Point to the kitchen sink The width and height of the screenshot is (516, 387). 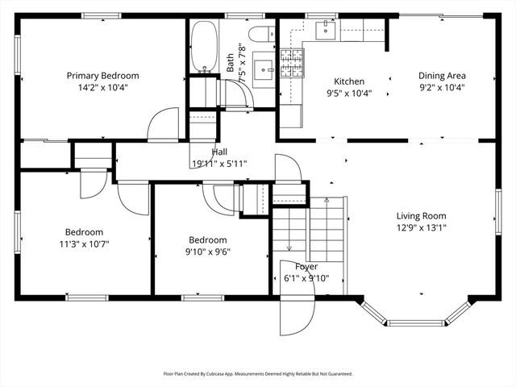325,30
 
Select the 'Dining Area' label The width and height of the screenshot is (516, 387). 442,76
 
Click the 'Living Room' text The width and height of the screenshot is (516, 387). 421,215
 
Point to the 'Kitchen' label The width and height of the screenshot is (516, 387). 349,81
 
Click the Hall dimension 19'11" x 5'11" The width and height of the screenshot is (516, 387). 219,163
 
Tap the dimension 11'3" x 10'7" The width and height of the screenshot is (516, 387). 85,243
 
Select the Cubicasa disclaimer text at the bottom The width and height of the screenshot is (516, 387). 258,374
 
